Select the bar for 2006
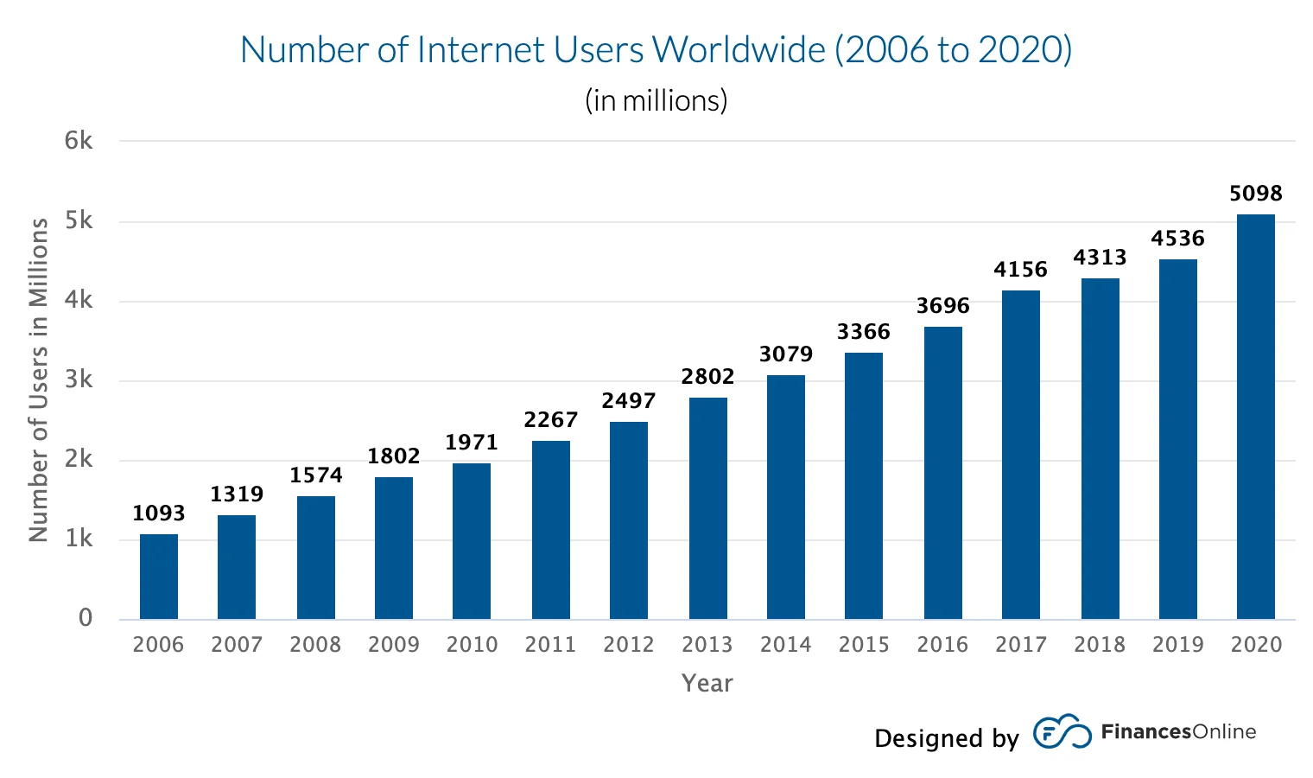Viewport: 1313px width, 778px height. [x=159, y=577]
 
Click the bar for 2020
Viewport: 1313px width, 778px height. [x=1255, y=417]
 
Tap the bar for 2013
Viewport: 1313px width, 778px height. [x=707, y=508]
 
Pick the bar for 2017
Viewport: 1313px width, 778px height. [x=1020, y=455]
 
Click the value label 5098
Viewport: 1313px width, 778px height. [x=1255, y=194]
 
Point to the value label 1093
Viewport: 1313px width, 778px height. [x=159, y=513]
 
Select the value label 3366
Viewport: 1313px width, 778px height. [x=863, y=332]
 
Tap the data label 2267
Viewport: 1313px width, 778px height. [x=550, y=420]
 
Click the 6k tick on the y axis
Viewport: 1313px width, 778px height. [x=79, y=141]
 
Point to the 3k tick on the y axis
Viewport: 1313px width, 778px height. [x=79, y=379]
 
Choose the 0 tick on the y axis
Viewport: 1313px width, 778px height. [x=86, y=618]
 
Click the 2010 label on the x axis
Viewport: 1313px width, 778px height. [x=472, y=645]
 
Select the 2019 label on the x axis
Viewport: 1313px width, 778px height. [x=1177, y=645]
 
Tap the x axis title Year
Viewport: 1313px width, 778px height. [x=707, y=684]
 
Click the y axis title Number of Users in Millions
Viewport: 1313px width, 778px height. [x=39, y=379]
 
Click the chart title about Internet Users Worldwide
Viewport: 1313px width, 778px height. [x=656, y=50]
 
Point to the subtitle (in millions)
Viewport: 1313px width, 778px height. [x=656, y=101]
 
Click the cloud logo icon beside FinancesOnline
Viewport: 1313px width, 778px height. [x=1062, y=732]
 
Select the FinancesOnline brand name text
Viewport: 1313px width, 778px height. [x=1178, y=732]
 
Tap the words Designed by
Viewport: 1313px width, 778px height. [x=946, y=738]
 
